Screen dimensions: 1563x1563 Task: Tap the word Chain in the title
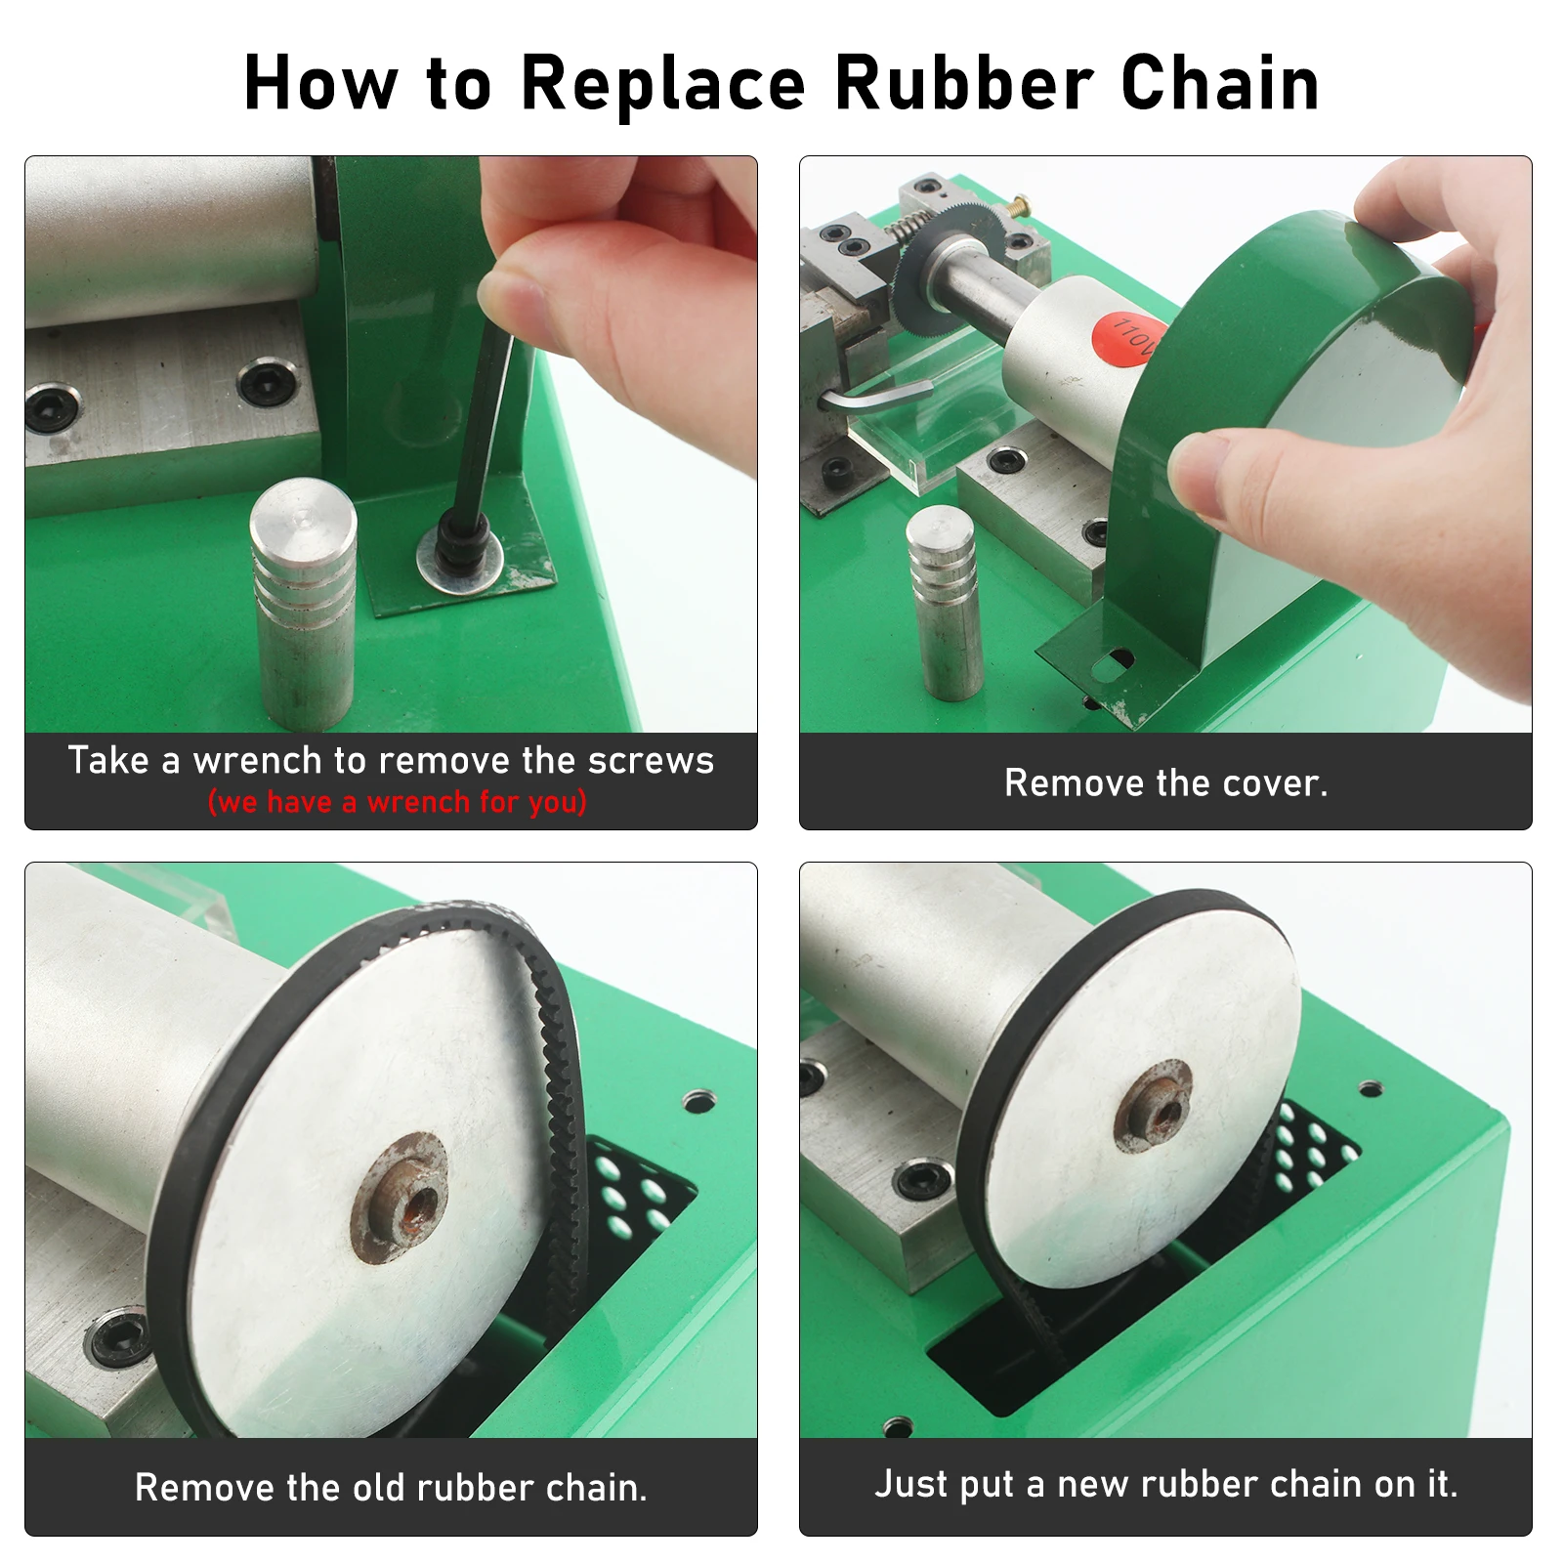[1220, 83]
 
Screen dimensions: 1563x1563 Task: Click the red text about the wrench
[398, 802]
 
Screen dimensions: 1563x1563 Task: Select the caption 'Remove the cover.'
[1166, 782]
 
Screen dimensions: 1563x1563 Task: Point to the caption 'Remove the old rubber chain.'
[391, 1487]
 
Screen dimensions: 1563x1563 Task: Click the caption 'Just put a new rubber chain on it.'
[1166, 1484]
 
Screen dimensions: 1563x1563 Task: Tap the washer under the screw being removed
[460, 561]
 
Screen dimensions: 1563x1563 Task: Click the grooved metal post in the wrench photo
[303, 604]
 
